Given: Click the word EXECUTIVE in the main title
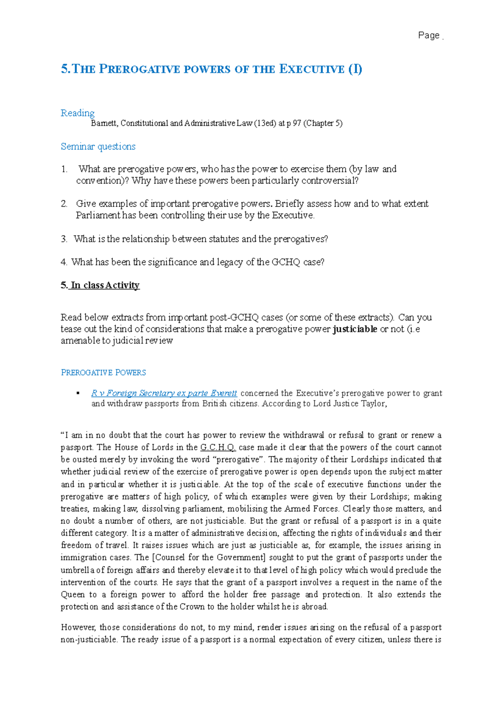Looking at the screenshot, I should coord(311,69).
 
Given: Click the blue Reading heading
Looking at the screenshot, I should coord(78,113).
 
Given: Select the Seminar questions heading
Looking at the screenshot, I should coord(98,147).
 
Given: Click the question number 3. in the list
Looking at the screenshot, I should coord(64,239).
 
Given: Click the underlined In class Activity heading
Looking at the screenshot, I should coord(105,285).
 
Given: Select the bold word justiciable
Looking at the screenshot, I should coord(355,329).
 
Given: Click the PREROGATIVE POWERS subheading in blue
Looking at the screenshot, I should coord(104,373).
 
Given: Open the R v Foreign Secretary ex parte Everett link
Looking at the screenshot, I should coord(164,393).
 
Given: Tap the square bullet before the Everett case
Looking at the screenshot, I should coord(78,393).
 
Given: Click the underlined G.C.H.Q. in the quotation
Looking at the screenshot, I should coord(218,447).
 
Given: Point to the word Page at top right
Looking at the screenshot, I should coord(428,36).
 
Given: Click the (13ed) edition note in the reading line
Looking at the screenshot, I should coord(265,124).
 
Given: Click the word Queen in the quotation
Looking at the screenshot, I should coord(73,595).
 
